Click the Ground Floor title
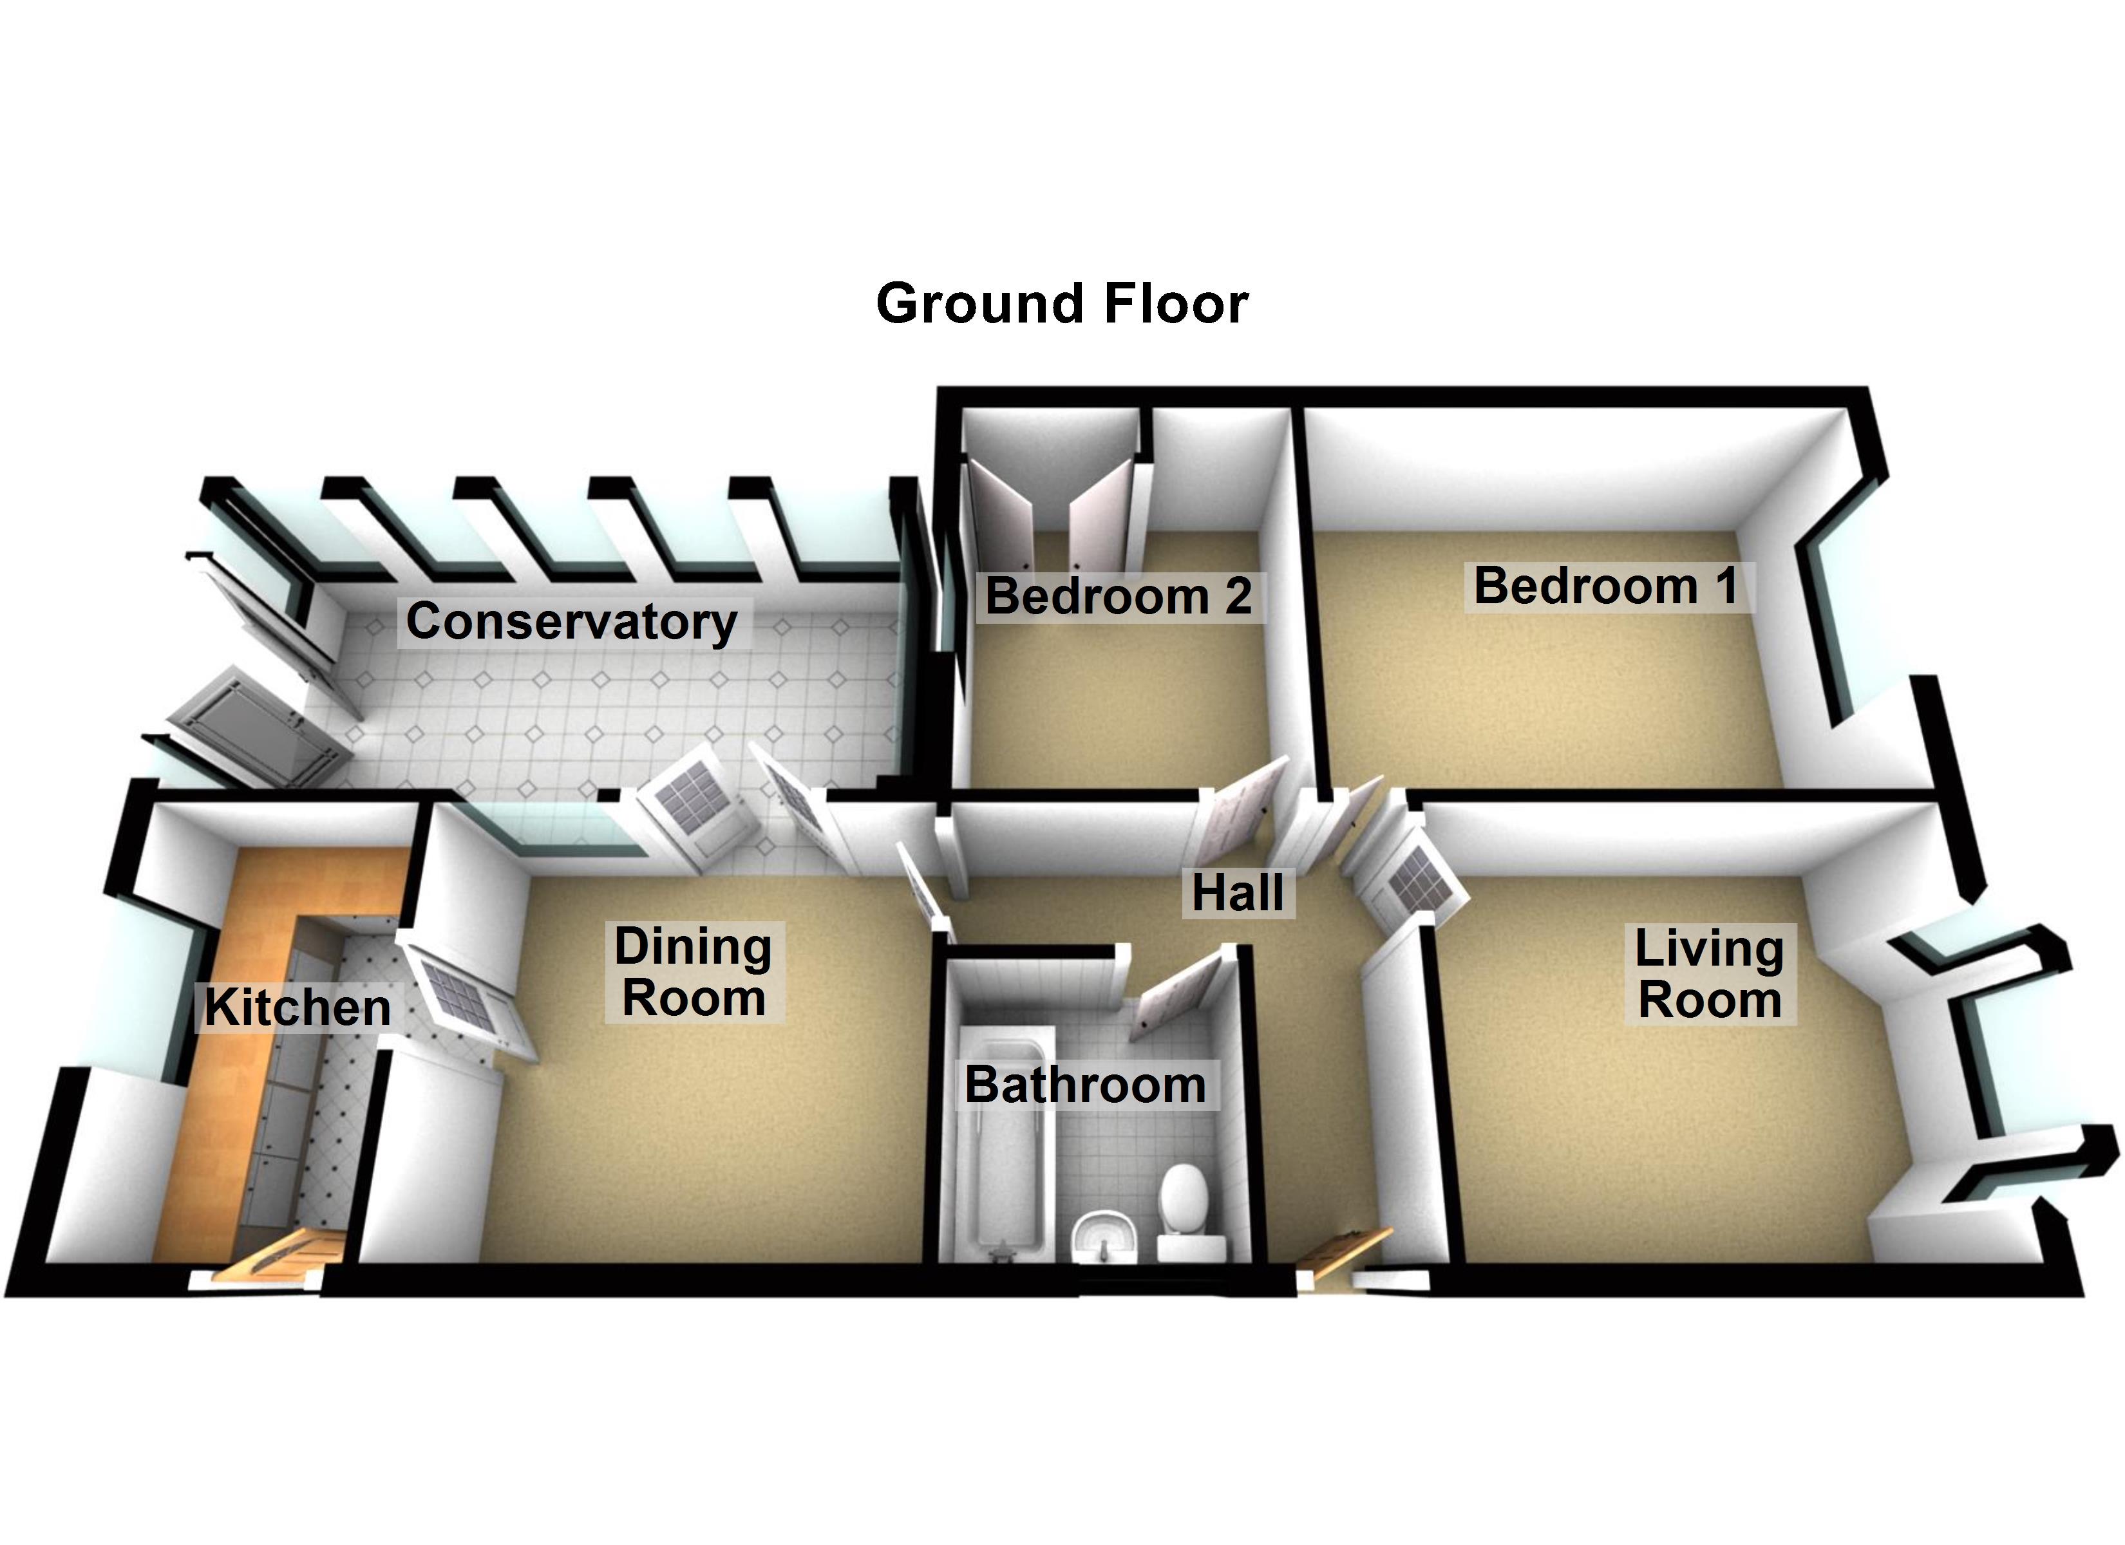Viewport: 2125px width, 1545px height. pyautogui.click(x=1062, y=304)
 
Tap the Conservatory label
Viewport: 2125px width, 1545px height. pyautogui.click(x=572, y=621)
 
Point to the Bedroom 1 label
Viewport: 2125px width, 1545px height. pyautogui.click(x=1606, y=586)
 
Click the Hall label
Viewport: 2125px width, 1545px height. pyautogui.click(x=1237, y=892)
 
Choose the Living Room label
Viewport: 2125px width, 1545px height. pyautogui.click(x=1708, y=975)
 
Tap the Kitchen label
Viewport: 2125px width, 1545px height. pyautogui.click(x=297, y=1008)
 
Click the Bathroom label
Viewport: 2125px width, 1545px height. pyautogui.click(x=1085, y=1085)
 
